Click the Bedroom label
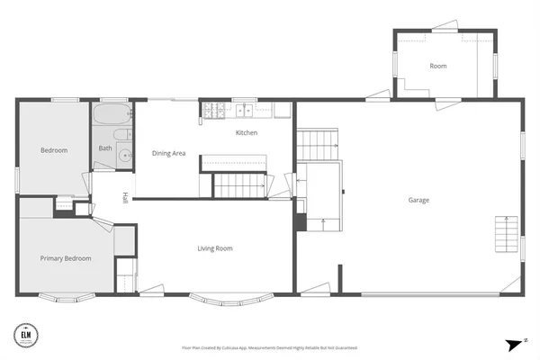pos(54,150)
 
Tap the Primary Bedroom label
pos(66,258)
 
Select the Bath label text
pos(105,148)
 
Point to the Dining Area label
pos(168,154)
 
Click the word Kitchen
pos(247,133)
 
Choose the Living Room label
pos(216,248)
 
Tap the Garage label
pos(418,200)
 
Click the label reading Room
pos(438,67)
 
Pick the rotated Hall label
pos(126,199)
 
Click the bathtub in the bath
pos(112,117)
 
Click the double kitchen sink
pos(246,112)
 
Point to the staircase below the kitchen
pos(239,185)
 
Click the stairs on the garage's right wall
pos(508,237)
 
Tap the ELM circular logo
pos(27,335)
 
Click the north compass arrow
pos(515,344)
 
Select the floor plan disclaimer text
pos(269,347)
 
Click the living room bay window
pos(222,298)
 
